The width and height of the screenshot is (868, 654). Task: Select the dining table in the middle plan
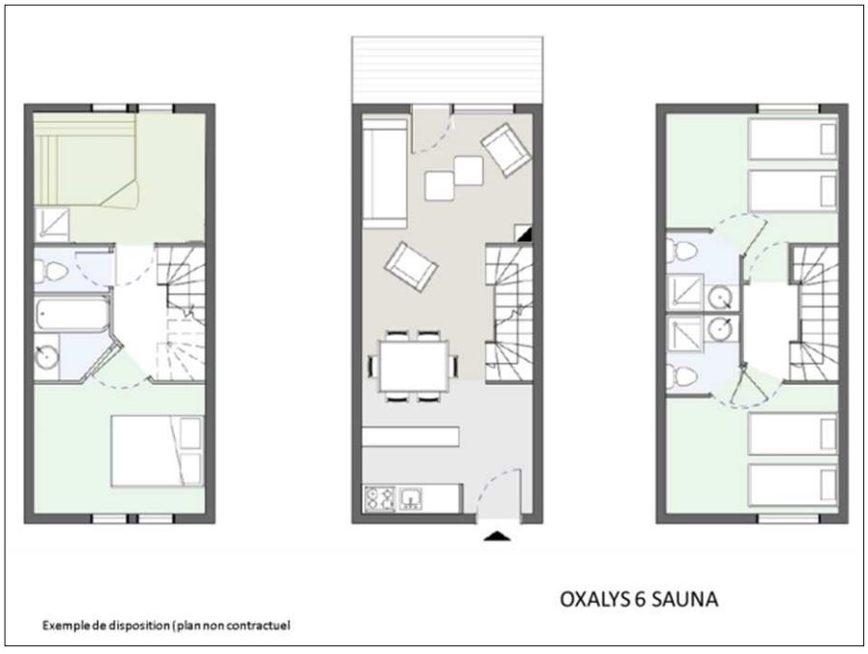414,366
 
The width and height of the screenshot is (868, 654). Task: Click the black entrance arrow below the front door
497,536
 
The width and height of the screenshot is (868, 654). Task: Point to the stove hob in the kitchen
380,498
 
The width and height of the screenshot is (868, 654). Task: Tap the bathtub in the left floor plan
72,314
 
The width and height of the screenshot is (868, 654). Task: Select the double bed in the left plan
158,451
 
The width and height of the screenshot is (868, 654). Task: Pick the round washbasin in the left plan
46,356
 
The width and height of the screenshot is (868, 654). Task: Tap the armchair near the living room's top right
505,149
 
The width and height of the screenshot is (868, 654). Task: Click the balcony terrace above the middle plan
448,70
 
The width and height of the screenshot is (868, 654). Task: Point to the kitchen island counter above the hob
411,436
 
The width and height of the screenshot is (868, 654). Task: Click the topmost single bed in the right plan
793,139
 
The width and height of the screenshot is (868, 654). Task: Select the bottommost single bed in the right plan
793,485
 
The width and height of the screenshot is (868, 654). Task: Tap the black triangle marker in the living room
524,233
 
